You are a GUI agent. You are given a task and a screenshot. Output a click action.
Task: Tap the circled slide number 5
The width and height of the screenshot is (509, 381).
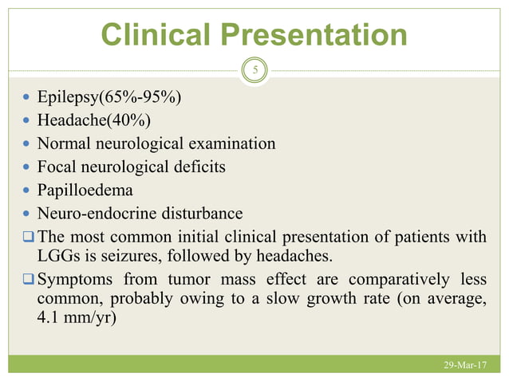click(254, 70)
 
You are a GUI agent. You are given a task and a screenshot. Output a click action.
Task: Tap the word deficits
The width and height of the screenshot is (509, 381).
click(197, 167)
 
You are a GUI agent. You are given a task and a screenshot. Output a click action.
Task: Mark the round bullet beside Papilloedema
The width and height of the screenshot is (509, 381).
click(28, 191)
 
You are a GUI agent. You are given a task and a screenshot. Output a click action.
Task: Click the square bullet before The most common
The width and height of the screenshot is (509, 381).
click(28, 237)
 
